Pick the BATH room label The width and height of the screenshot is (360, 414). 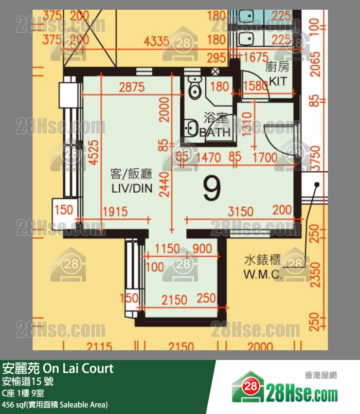pos(215,132)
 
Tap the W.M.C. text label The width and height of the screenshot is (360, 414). pos(263,274)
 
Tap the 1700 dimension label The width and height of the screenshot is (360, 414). pos(265,157)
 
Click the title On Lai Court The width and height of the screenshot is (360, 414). pos(58,368)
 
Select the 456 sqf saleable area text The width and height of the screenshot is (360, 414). pos(54,404)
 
